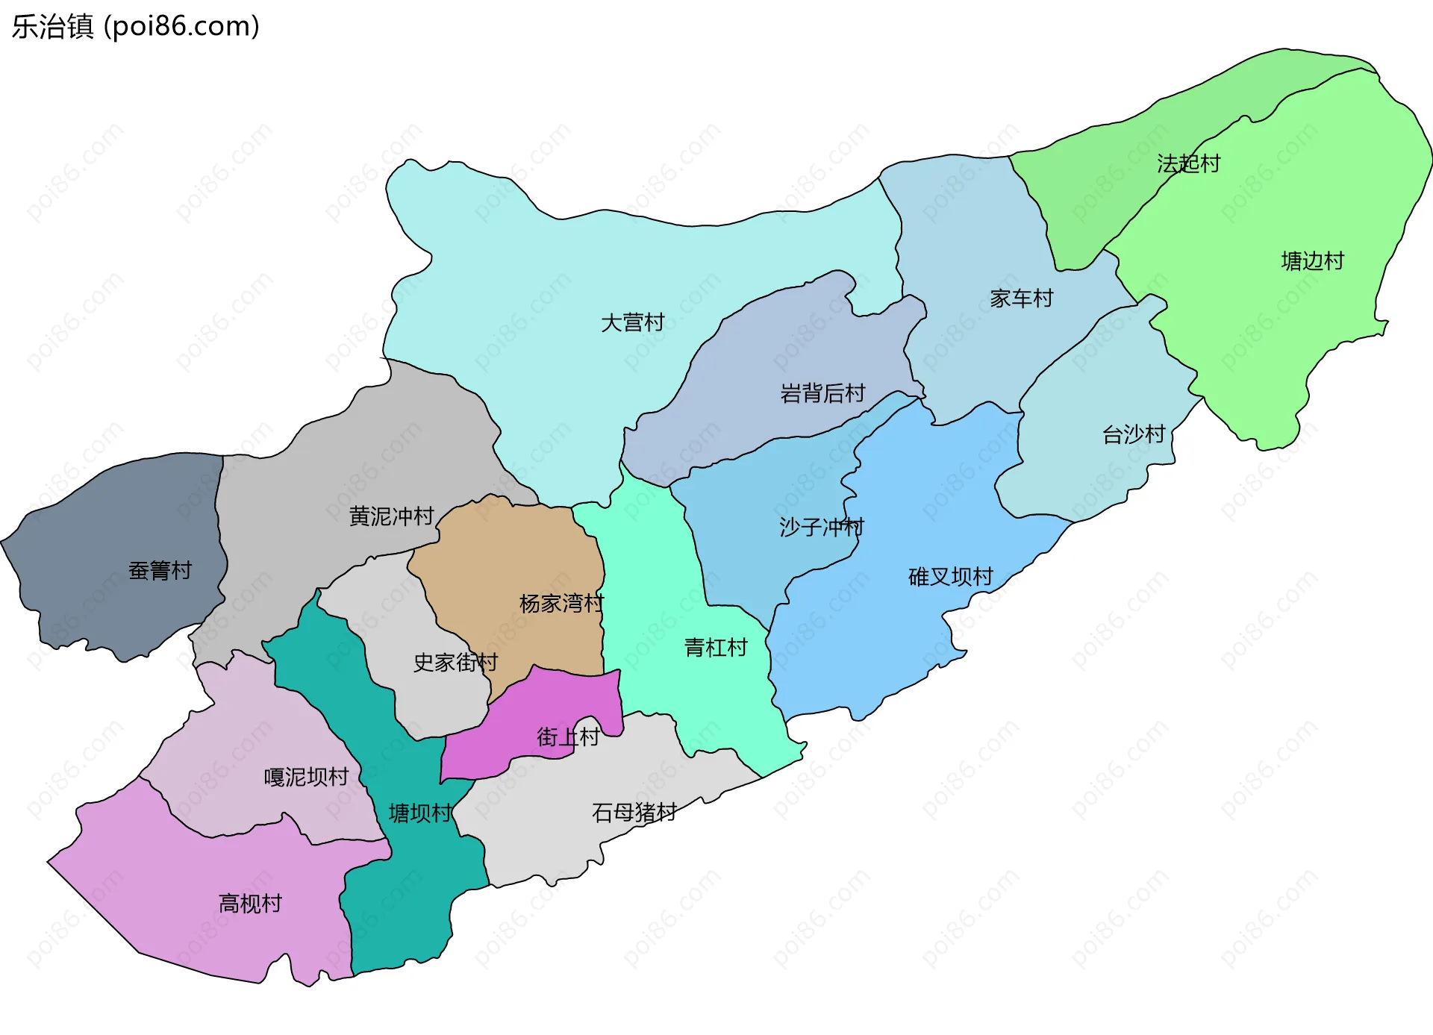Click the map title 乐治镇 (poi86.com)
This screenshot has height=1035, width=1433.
135,26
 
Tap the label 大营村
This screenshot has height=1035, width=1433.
632,323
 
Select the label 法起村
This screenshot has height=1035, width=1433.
1188,163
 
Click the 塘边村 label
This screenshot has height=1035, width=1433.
1312,261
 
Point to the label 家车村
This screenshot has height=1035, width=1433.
1021,298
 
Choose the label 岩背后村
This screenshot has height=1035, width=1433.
822,393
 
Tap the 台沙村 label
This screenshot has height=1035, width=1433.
1133,434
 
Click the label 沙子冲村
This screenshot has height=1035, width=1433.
821,528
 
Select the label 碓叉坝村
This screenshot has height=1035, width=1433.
950,577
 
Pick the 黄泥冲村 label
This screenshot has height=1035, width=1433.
391,516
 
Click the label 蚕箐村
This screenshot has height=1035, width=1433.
160,571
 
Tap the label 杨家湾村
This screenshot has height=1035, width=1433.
561,604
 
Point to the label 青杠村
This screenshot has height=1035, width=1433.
716,648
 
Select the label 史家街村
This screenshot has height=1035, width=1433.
455,663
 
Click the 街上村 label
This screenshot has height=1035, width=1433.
568,737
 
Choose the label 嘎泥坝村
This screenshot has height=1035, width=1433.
306,778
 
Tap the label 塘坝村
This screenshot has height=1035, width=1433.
420,813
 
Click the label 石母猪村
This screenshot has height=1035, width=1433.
634,813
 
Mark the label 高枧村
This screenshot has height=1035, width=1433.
250,904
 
